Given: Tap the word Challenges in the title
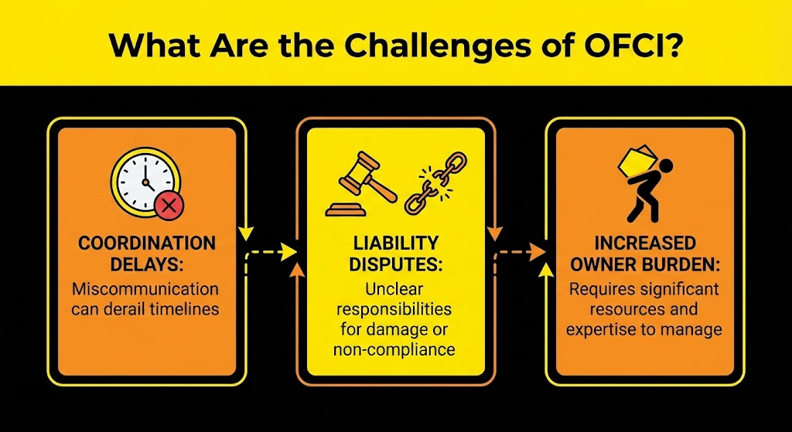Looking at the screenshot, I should tap(434, 44).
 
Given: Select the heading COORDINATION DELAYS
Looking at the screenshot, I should tap(147, 254).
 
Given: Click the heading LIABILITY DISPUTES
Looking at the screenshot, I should tap(395, 254).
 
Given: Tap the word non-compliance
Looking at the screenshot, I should tap(395, 349).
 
